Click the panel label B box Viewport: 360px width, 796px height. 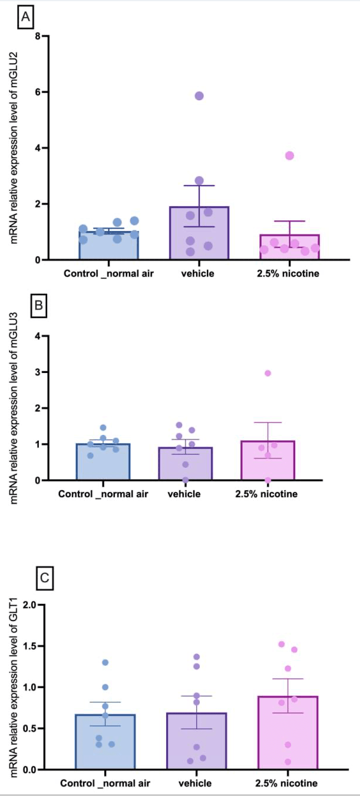pyautogui.click(x=39, y=306)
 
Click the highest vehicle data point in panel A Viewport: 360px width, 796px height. pyautogui.click(x=199, y=96)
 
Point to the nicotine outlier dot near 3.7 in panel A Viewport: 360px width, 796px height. pyautogui.click(x=289, y=156)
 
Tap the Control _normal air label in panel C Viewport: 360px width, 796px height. pyautogui.click(x=105, y=783)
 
